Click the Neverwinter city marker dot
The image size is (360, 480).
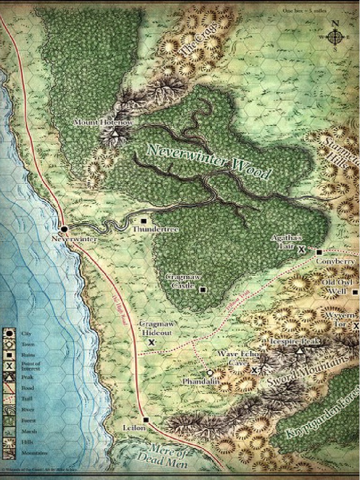pos(64,229)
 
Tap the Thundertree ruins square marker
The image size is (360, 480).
pos(143,221)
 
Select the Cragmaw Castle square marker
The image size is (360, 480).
pos(202,290)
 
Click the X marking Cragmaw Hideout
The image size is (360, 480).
pos(151,343)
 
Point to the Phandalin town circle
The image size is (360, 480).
pos(210,373)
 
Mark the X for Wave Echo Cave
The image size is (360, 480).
pos(254,370)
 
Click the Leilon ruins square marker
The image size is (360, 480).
pos(146,420)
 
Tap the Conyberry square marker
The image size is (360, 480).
pos(319,252)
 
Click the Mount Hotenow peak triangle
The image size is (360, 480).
pos(115,134)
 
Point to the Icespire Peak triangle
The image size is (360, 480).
pos(300,350)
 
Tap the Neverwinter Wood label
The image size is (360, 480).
pos(209,162)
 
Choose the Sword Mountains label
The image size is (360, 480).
pos(308,372)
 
